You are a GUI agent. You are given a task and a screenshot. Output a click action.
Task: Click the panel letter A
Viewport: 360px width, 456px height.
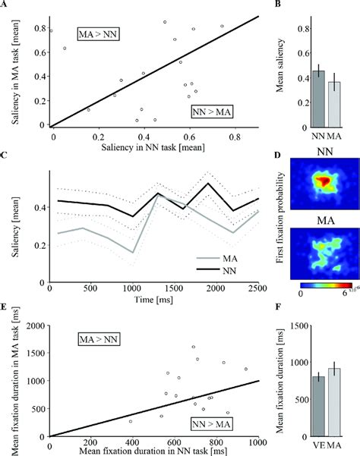tap(5, 5)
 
